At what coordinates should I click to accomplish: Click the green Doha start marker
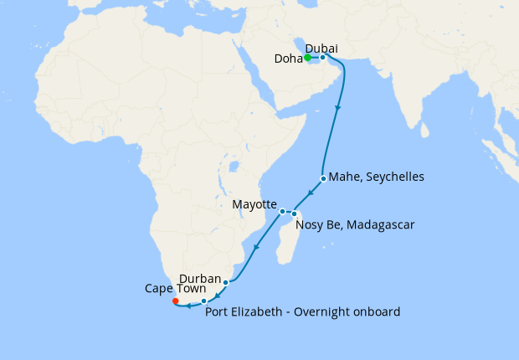tap(307, 58)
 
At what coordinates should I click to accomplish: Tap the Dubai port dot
tap(322, 58)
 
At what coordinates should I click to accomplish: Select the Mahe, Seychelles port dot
tap(323, 178)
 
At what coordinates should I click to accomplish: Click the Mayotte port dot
tap(283, 211)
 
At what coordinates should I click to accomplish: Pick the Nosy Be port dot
tap(294, 214)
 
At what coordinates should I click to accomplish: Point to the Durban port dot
tap(225, 282)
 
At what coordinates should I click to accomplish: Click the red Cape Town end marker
tap(175, 301)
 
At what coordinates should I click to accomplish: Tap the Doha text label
tap(289, 59)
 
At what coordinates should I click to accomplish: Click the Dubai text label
tap(322, 48)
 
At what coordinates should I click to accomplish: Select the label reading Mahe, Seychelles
tap(377, 177)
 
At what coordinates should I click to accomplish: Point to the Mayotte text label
tap(254, 204)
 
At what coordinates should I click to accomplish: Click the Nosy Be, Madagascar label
tap(356, 225)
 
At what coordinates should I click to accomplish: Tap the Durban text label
tap(200, 279)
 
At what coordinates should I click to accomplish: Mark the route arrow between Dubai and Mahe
tap(338, 109)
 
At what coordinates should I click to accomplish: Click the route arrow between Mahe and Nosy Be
tap(310, 194)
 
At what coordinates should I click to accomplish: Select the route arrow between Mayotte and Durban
tap(254, 248)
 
